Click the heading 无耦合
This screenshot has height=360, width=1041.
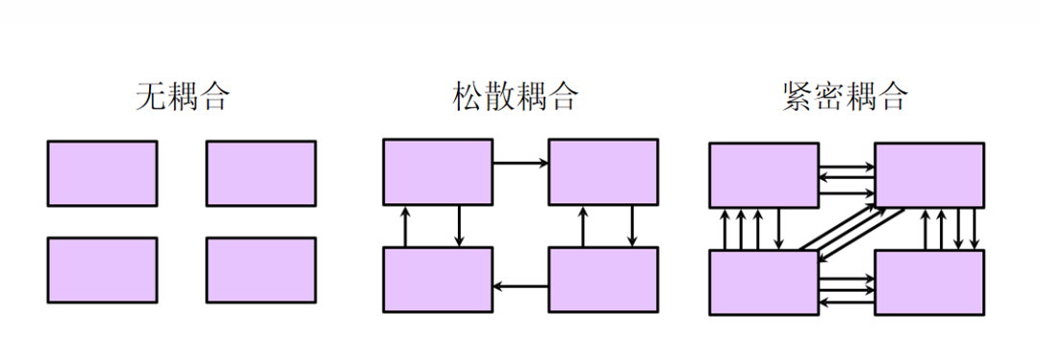point(183,97)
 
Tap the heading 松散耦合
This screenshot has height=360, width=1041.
point(516,97)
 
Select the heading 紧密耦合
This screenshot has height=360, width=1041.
point(846,97)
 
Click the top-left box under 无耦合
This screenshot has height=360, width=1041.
point(102,173)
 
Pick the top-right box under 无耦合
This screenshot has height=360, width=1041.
point(261,173)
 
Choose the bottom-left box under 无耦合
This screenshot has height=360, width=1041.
point(102,270)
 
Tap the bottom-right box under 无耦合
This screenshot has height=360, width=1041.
point(261,270)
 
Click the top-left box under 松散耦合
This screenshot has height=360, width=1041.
point(438,171)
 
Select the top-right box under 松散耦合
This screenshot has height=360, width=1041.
point(603,171)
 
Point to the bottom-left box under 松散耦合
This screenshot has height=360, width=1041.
point(438,279)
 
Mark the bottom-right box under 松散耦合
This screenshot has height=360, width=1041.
point(603,279)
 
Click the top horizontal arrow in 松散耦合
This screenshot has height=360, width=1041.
point(520,164)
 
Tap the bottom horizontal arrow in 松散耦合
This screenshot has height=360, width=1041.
point(520,286)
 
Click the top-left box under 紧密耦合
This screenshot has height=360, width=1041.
point(764,175)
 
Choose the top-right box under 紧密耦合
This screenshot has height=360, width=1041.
point(929,175)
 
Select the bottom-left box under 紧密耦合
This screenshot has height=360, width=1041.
point(764,282)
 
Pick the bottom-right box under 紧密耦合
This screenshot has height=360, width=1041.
point(929,282)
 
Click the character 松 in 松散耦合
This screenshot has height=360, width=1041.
point(469,97)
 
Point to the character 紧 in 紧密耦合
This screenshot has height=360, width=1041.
point(800,97)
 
